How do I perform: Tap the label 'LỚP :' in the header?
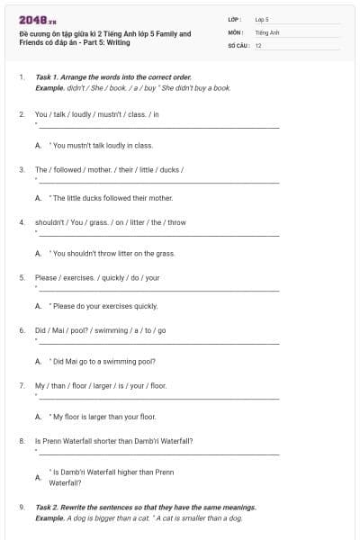(x=235, y=19)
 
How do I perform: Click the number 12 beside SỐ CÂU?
(x=258, y=44)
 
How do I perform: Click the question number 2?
(x=21, y=114)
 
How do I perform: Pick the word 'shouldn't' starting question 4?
(x=51, y=222)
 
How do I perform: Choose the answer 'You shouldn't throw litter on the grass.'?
(x=113, y=253)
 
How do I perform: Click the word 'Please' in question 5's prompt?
(x=46, y=277)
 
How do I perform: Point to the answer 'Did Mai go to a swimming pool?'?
(x=104, y=361)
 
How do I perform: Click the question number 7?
(x=21, y=385)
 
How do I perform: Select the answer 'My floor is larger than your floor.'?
(x=104, y=417)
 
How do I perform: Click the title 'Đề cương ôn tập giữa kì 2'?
(x=104, y=33)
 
